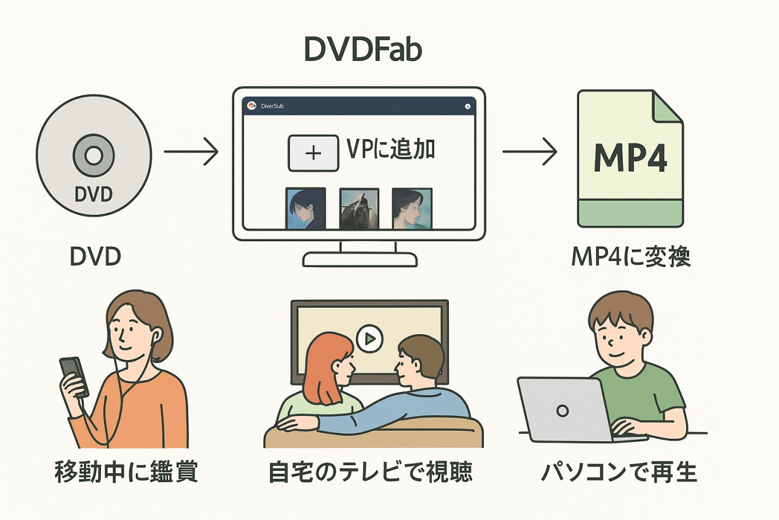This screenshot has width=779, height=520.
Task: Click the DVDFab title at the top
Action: pos(363,50)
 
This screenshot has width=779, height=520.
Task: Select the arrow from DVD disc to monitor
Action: pos(191,151)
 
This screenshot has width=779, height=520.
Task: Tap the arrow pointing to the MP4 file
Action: pos(529,151)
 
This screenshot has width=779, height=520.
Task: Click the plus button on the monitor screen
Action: pos(314,153)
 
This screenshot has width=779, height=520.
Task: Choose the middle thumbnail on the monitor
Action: pos(359,209)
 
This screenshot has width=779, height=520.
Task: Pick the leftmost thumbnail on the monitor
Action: pos(306,209)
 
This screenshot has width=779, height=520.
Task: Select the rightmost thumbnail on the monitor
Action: pos(412,209)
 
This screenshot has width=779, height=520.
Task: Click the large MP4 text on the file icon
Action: pos(630,159)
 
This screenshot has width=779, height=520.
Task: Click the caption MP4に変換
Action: pos(630,257)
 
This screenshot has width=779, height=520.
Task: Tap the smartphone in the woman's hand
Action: pos(74,376)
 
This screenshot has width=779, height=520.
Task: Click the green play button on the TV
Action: pos(370,338)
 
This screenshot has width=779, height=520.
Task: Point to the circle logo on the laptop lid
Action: pos(561,410)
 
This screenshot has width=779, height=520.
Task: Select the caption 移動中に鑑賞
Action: pos(126,472)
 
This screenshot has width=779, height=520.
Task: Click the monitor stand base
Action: pos(360,259)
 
